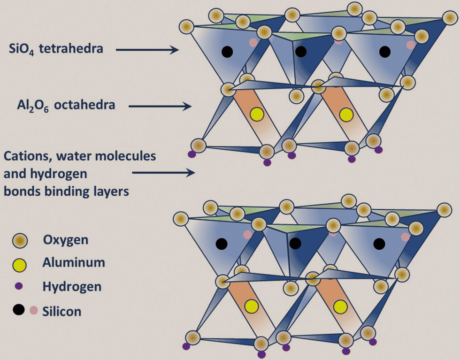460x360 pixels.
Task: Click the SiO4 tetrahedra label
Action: (56, 49)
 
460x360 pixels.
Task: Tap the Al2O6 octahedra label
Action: (66, 105)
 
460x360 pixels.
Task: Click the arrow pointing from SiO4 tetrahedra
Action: (147, 50)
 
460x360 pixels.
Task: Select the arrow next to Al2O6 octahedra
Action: (160, 106)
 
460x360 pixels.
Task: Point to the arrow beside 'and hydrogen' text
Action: (163, 173)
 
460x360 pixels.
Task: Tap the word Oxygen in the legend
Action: (66, 240)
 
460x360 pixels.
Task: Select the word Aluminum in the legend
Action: (74, 262)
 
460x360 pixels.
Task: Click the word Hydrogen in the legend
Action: (72, 287)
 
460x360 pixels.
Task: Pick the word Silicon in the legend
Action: (62, 311)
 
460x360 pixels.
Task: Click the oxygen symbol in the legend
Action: (20, 241)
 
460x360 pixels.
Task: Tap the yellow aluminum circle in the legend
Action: (20, 265)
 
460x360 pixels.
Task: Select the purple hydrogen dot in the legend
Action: (19, 286)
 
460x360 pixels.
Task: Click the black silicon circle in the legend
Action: (19, 310)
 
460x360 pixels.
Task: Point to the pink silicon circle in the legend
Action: (34, 310)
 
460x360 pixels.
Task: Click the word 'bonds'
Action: (22, 191)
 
